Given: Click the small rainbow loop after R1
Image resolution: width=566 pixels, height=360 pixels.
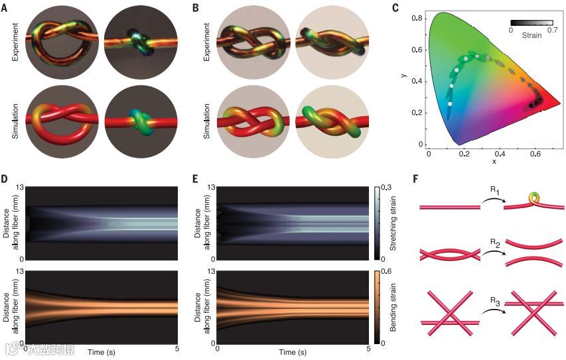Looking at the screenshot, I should coord(535,198).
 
